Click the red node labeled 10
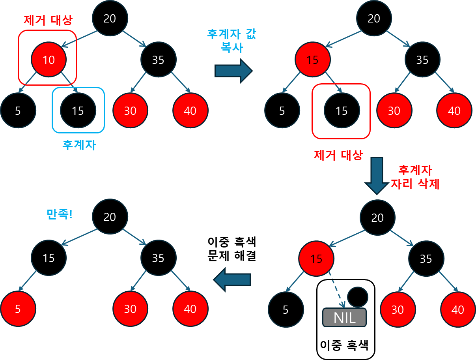49,60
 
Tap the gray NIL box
344,317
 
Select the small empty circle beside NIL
357,297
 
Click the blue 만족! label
60,214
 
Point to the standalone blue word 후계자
79,145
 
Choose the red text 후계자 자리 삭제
415,177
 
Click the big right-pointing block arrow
233,71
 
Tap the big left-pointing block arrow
232,279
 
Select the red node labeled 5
18,309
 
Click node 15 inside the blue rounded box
78,111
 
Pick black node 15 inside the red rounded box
342,111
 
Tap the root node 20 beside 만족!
110,217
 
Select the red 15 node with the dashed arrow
316,259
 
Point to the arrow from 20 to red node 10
79,38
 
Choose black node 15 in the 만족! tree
49,258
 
